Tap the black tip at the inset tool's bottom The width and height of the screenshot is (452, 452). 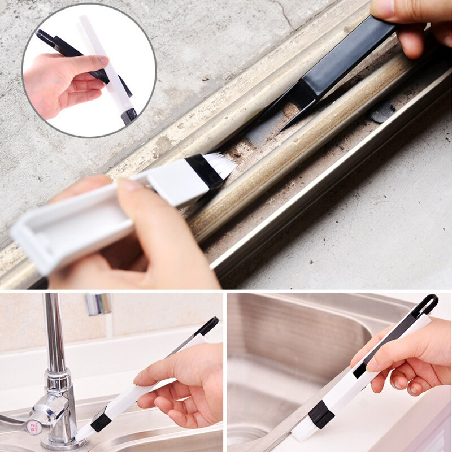coord(129,116)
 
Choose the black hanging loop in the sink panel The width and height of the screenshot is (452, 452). coord(428,305)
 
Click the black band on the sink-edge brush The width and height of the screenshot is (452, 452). coord(320,415)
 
